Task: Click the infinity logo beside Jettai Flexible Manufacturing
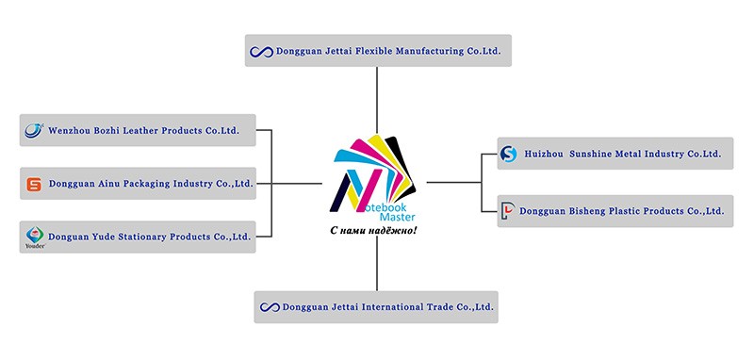[x=262, y=52]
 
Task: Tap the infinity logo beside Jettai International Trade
[x=270, y=307]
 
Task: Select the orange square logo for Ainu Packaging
[x=34, y=184]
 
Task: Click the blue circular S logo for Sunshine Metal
[x=508, y=154]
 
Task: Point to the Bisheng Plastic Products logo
[x=507, y=211]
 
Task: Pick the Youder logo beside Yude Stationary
[x=35, y=237]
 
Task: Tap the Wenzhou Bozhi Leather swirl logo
[x=34, y=130]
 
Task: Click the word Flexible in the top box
[x=372, y=51]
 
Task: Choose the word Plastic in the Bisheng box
[x=625, y=211]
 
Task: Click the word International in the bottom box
[x=392, y=306]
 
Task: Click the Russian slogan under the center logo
[x=373, y=231]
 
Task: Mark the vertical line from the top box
[x=377, y=100]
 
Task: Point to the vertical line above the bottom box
[x=377, y=263]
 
